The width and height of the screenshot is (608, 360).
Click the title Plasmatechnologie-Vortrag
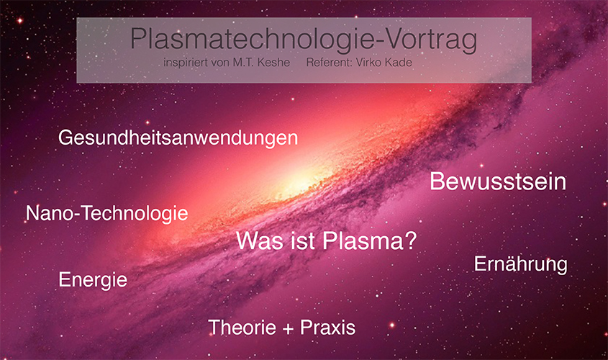pos(304,40)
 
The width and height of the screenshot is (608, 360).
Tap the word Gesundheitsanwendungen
pos(178,138)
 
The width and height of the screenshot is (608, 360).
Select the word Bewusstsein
pos(498,181)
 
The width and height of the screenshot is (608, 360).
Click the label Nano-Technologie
pos(106,214)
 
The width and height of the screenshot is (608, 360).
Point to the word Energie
pos(93,280)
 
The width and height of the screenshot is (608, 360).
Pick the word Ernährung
pos(520,264)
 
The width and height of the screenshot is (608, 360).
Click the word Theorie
pos(242,327)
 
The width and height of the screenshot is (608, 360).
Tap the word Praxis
pos(327,327)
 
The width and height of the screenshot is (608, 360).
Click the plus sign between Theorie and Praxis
pos(288,329)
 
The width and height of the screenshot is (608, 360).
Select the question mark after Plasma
pos(410,240)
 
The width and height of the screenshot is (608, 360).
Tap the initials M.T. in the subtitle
pos(243,63)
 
